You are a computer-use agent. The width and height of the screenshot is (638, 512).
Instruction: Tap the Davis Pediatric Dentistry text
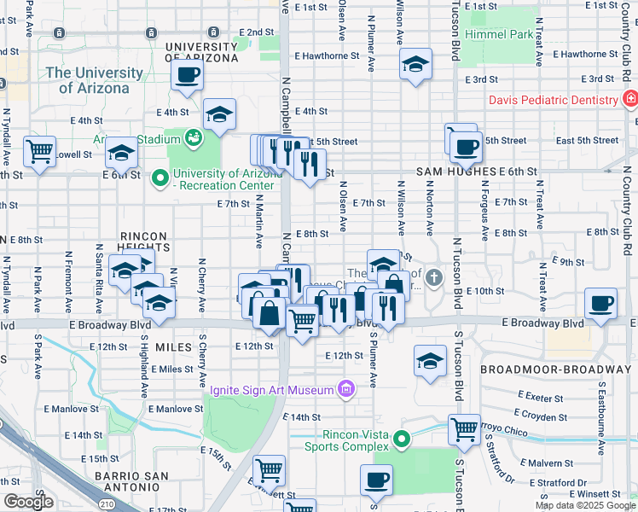click(x=554, y=100)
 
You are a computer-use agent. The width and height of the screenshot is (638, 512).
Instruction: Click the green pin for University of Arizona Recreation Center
click(x=159, y=178)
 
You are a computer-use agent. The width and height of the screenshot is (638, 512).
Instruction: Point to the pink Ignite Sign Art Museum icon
click(x=345, y=390)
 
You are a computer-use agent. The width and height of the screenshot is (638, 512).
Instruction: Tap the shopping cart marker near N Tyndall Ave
click(x=40, y=150)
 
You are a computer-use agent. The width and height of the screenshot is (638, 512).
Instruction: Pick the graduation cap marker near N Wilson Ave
click(x=415, y=64)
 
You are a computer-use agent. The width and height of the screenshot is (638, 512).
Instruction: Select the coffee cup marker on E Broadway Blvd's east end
click(x=601, y=302)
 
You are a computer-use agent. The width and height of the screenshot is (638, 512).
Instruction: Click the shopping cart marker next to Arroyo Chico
click(x=464, y=429)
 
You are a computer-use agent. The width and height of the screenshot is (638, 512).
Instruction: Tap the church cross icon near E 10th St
click(x=434, y=277)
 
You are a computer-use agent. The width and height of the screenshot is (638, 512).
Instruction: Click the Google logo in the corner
click(x=27, y=502)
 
